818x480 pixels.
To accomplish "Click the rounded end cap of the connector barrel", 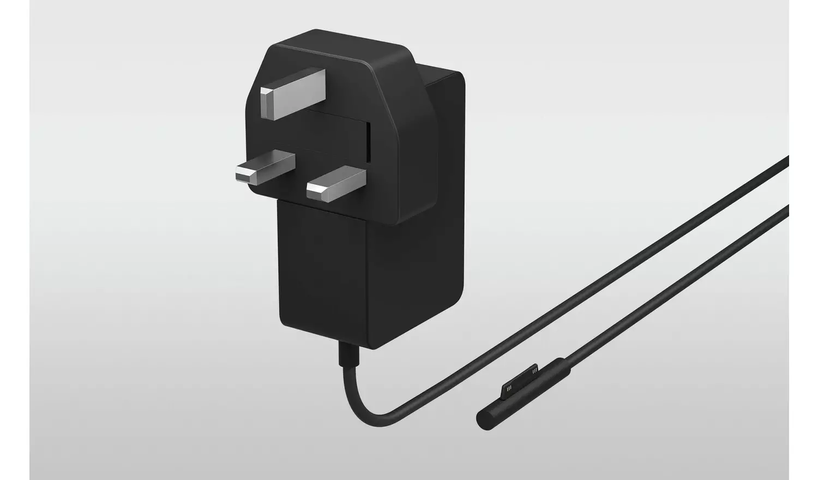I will [483, 419].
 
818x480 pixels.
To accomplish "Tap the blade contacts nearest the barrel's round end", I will [509, 388].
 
